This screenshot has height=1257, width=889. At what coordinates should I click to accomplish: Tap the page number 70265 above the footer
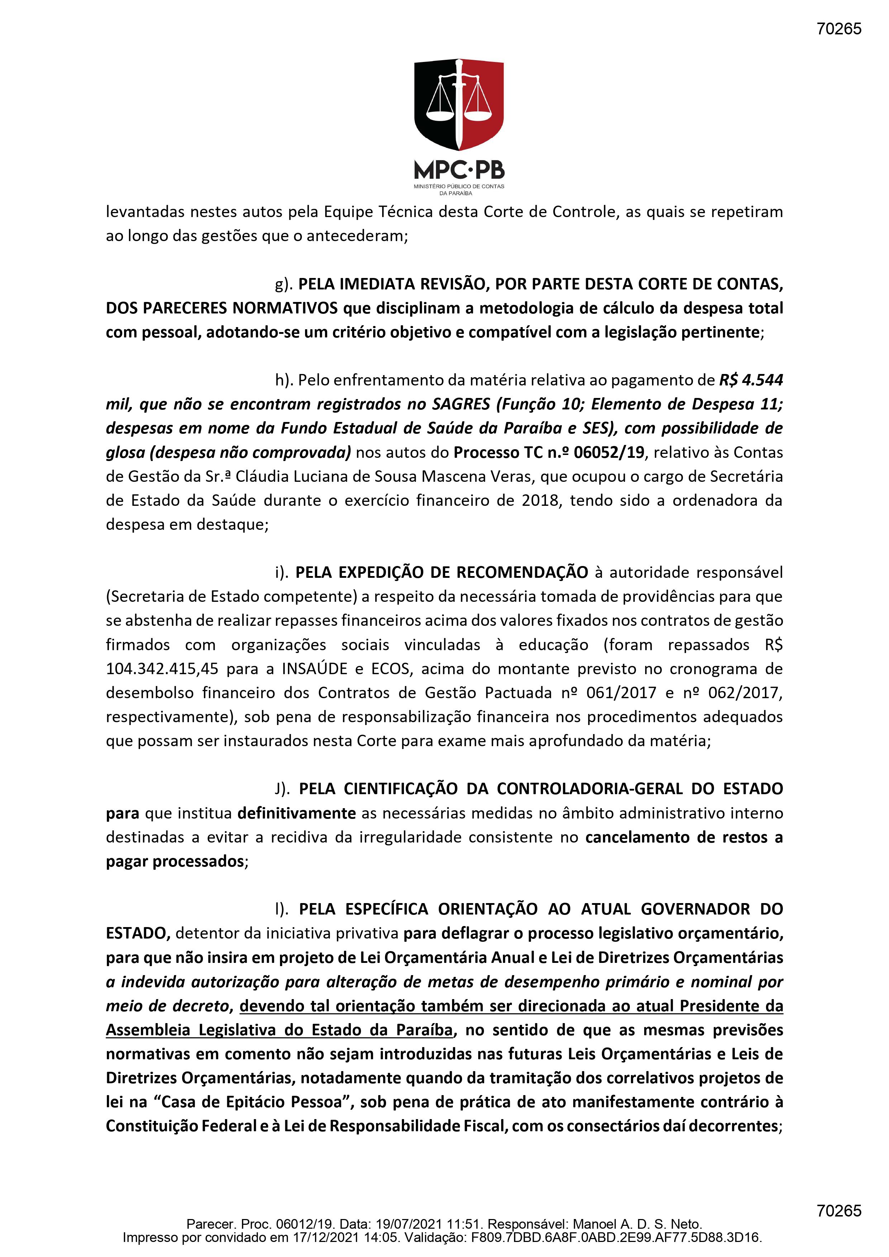point(838,1210)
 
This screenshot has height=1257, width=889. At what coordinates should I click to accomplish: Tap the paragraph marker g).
point(284,284)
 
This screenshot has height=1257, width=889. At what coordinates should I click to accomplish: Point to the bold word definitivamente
point(296,813)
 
